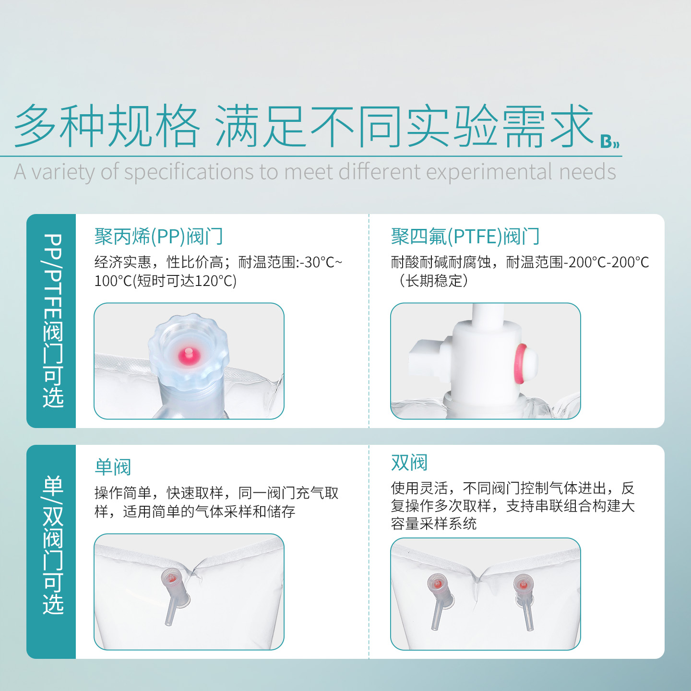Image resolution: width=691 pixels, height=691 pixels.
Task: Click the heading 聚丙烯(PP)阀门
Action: pyautogui.click(x=158, y=237)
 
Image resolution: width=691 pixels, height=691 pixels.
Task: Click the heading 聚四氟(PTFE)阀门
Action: pyautogui.click(x=465, y=237)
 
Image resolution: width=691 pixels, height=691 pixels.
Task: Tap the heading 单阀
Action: pyautogui.click(x=113, y=467)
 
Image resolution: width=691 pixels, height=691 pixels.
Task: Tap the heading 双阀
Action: pyautogui.click(x=409, y=463)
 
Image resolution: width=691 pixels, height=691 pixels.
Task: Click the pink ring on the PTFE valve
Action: pyautogui.click(x=520, y=363)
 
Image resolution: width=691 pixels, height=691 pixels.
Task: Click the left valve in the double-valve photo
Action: pyautogui.click(x=440, y=601)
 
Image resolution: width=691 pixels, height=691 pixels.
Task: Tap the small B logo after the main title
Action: pyautogui.click(x=609, y=142)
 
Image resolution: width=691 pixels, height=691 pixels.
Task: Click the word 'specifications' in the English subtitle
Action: pyautogui.click(x=189, y=172)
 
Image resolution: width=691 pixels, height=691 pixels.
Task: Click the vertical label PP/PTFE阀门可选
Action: pyautogui.click(x=53, y=321)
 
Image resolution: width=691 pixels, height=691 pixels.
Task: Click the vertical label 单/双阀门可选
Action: pyautogui.click(x=53, y=545)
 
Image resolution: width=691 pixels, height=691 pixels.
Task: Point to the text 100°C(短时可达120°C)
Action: pyautogui.click(x=165, y=281)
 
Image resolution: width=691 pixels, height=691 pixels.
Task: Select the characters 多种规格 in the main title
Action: pyautogui.click(x=107, y=126)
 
